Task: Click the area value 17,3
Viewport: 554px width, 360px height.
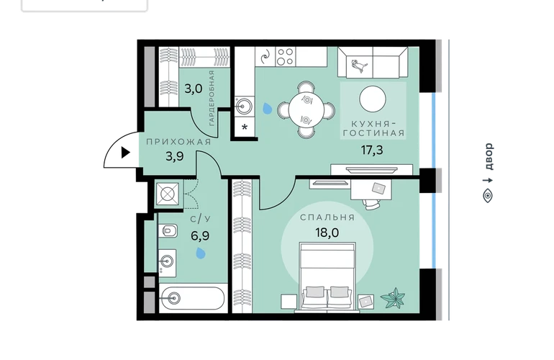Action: click(x=372, y=150)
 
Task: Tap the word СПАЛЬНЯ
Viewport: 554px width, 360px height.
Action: click(x=327, y=217)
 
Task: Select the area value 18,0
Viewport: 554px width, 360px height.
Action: click(x=327, y=233)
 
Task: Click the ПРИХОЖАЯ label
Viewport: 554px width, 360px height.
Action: click(x=178, y=142)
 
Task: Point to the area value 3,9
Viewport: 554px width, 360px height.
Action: click(x=175, y=156)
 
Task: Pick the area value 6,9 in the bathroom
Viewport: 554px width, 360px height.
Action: click(x=200, y=235)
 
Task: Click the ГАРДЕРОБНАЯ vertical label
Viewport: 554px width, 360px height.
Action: click(x=212, y=98)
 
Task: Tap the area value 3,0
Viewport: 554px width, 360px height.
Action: click(x=194, y=89)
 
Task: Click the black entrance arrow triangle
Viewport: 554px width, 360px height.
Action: click(x=126, y=153)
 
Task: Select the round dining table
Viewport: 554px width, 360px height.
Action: click(x=306, y=109)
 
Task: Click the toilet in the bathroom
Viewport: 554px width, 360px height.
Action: click(x=168, y=231)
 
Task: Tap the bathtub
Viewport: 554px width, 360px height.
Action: click(x=192, y=298)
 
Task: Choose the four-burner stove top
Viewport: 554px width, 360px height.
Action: click(x=286, y=57)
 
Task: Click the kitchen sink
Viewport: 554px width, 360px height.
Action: click(x=244, y=106)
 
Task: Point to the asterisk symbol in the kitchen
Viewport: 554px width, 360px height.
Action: click(x=245, y=127)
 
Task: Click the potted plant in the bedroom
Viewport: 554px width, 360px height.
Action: click(x=394, y=298)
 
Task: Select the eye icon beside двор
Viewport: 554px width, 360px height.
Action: click(x=488, y=195)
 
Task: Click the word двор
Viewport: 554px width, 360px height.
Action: click(x=488, y=156)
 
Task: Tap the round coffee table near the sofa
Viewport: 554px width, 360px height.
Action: click(x=373, y=99)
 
